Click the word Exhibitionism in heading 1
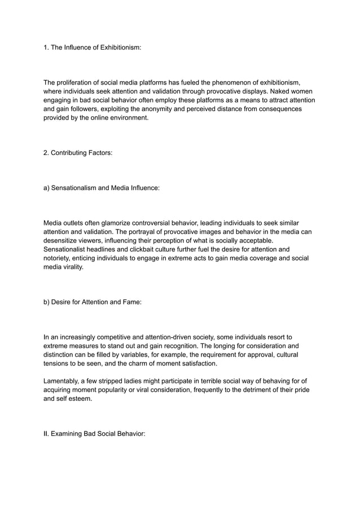[115, 48]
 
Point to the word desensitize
[64, 241]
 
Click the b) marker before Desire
[47, 302]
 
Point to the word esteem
[82, 398]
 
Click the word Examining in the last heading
[70, 433]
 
